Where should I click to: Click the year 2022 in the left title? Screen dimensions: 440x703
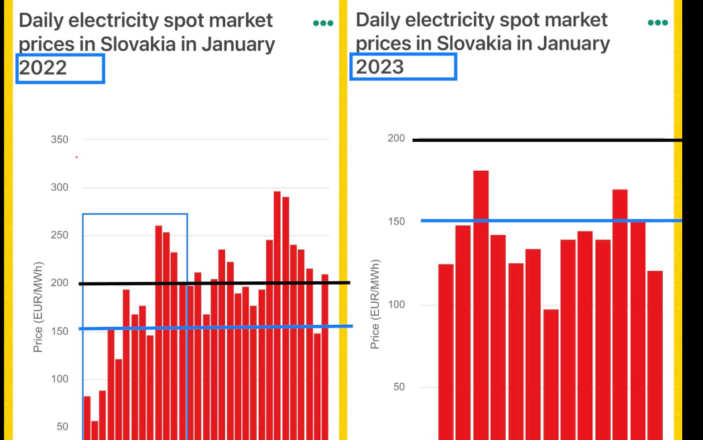tap(44, 68)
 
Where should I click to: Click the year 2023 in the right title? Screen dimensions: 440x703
tap(380, 66)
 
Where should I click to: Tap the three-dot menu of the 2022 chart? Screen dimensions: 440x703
tap(322, 23)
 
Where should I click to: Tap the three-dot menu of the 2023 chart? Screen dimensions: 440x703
tap(657, 23)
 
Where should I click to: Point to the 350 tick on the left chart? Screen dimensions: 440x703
tap(60, 140)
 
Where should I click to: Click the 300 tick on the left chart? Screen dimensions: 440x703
tap(60, 188)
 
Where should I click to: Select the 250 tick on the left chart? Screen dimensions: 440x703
tap(60, 235)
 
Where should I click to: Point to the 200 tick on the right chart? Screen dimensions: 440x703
tap(396, 139)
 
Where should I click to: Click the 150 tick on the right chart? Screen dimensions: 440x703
tap(396, 222)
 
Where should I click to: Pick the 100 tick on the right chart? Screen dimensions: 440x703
tap(396, 305)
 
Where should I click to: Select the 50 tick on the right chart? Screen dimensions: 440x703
tap(399, 387)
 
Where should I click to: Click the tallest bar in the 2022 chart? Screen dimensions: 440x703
tap(277, 315)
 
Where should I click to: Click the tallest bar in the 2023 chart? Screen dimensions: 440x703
tap(481, 301)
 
